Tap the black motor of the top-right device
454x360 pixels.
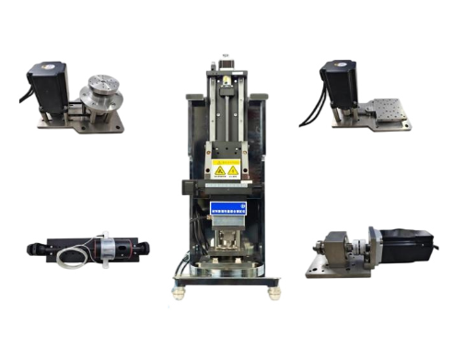point(339,79)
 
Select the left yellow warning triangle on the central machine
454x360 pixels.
point(219,171)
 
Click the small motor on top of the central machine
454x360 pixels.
point(226,67)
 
